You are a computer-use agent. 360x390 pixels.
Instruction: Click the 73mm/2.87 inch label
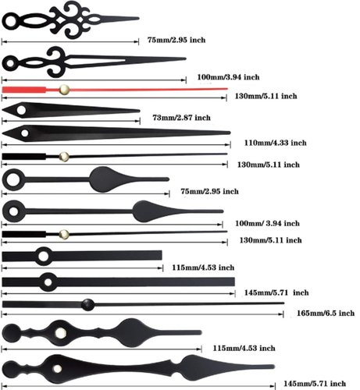click(x=181, y=118)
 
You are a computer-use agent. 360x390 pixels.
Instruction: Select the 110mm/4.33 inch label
click(x=275, y=143)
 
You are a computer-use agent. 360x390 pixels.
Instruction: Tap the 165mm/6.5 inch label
click(x=326, y=313)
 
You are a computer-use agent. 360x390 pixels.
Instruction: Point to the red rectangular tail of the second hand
click(x=24, y=90)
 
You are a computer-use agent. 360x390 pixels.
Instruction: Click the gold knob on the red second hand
click(x=64, y=90)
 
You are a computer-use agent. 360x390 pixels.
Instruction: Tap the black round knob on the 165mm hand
click(x=88, y=305)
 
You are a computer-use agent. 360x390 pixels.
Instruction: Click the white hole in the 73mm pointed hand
click(x=21, y=110)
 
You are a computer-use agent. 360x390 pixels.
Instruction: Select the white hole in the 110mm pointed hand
click(x=25, y=133)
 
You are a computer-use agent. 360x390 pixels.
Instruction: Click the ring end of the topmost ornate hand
click(x=11, y=22)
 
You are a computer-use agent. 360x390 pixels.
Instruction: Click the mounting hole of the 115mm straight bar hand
click(x=44, y=257)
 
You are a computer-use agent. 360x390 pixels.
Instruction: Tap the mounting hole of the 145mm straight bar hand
click(x=48, y=282)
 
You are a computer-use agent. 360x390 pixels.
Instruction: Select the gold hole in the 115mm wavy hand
click(x=61, y=333)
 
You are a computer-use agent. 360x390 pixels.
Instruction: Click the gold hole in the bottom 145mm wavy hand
click(x=57, y=368)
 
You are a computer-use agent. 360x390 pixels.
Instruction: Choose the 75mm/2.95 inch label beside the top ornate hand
click(x=176, y=40)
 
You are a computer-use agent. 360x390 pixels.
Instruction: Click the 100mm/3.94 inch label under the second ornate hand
click(x=228, y=77)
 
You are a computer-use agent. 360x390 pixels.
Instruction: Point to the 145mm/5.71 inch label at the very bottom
click(x=315, y=384)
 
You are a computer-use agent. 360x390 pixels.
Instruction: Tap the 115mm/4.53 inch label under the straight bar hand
click(x=203, y=268)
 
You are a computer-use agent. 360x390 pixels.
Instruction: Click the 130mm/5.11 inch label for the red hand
click(x=266, y=96)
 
